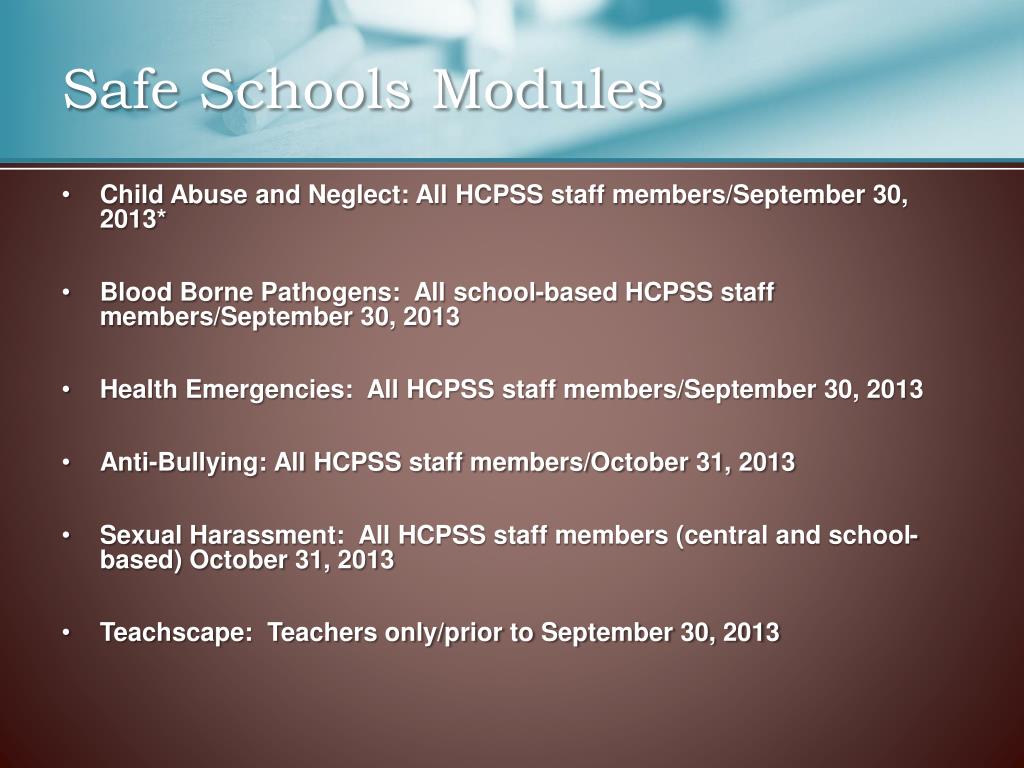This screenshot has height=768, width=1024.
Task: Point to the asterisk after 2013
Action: pyautogui.click(x=161, y=220)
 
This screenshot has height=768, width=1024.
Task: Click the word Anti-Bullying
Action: pyautogui.click(x=182, y=463)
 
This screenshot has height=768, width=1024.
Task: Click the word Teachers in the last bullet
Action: pyautogui.click(x=317, y=633)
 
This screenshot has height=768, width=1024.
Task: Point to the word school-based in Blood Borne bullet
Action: pyautogui.click(x=534, y=293)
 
